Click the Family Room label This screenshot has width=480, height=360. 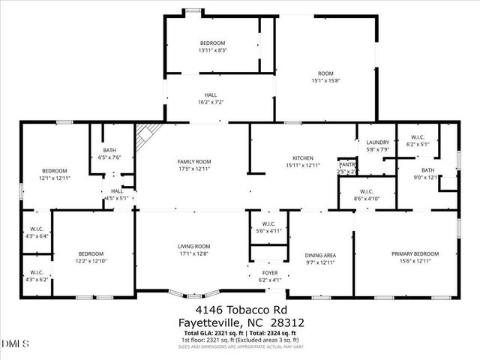point(193,162)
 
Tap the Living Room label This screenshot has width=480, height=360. point(193,247)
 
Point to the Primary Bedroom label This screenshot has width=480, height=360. point(414,253)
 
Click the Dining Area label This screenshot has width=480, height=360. point(319,255)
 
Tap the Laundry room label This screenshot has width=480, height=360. point(376,142)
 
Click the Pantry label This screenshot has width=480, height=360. point(347,164)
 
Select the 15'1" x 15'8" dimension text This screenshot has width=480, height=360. point(325,81)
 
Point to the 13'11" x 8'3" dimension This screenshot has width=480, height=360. point(212,51)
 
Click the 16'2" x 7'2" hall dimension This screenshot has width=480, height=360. point(211,102)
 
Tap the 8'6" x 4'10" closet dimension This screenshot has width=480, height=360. point(367,199)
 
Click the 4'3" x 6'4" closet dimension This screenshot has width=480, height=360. point(37,236)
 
